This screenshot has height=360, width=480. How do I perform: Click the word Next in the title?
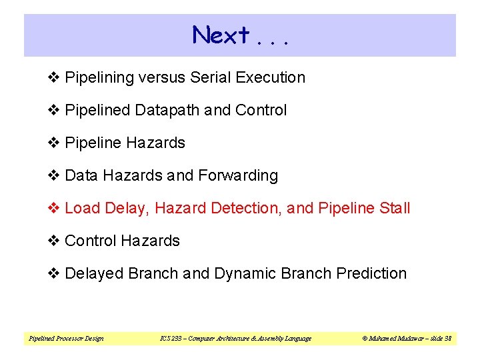pos(221,35)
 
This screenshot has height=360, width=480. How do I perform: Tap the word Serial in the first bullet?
pos(210,77)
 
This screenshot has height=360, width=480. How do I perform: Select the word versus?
pos(163,77)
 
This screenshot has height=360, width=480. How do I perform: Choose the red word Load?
pos(82,208)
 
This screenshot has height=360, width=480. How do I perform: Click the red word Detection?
pos(246,208)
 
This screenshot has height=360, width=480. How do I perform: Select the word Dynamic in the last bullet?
pos(245,273)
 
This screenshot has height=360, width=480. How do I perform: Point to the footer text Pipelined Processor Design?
pos(66,339)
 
